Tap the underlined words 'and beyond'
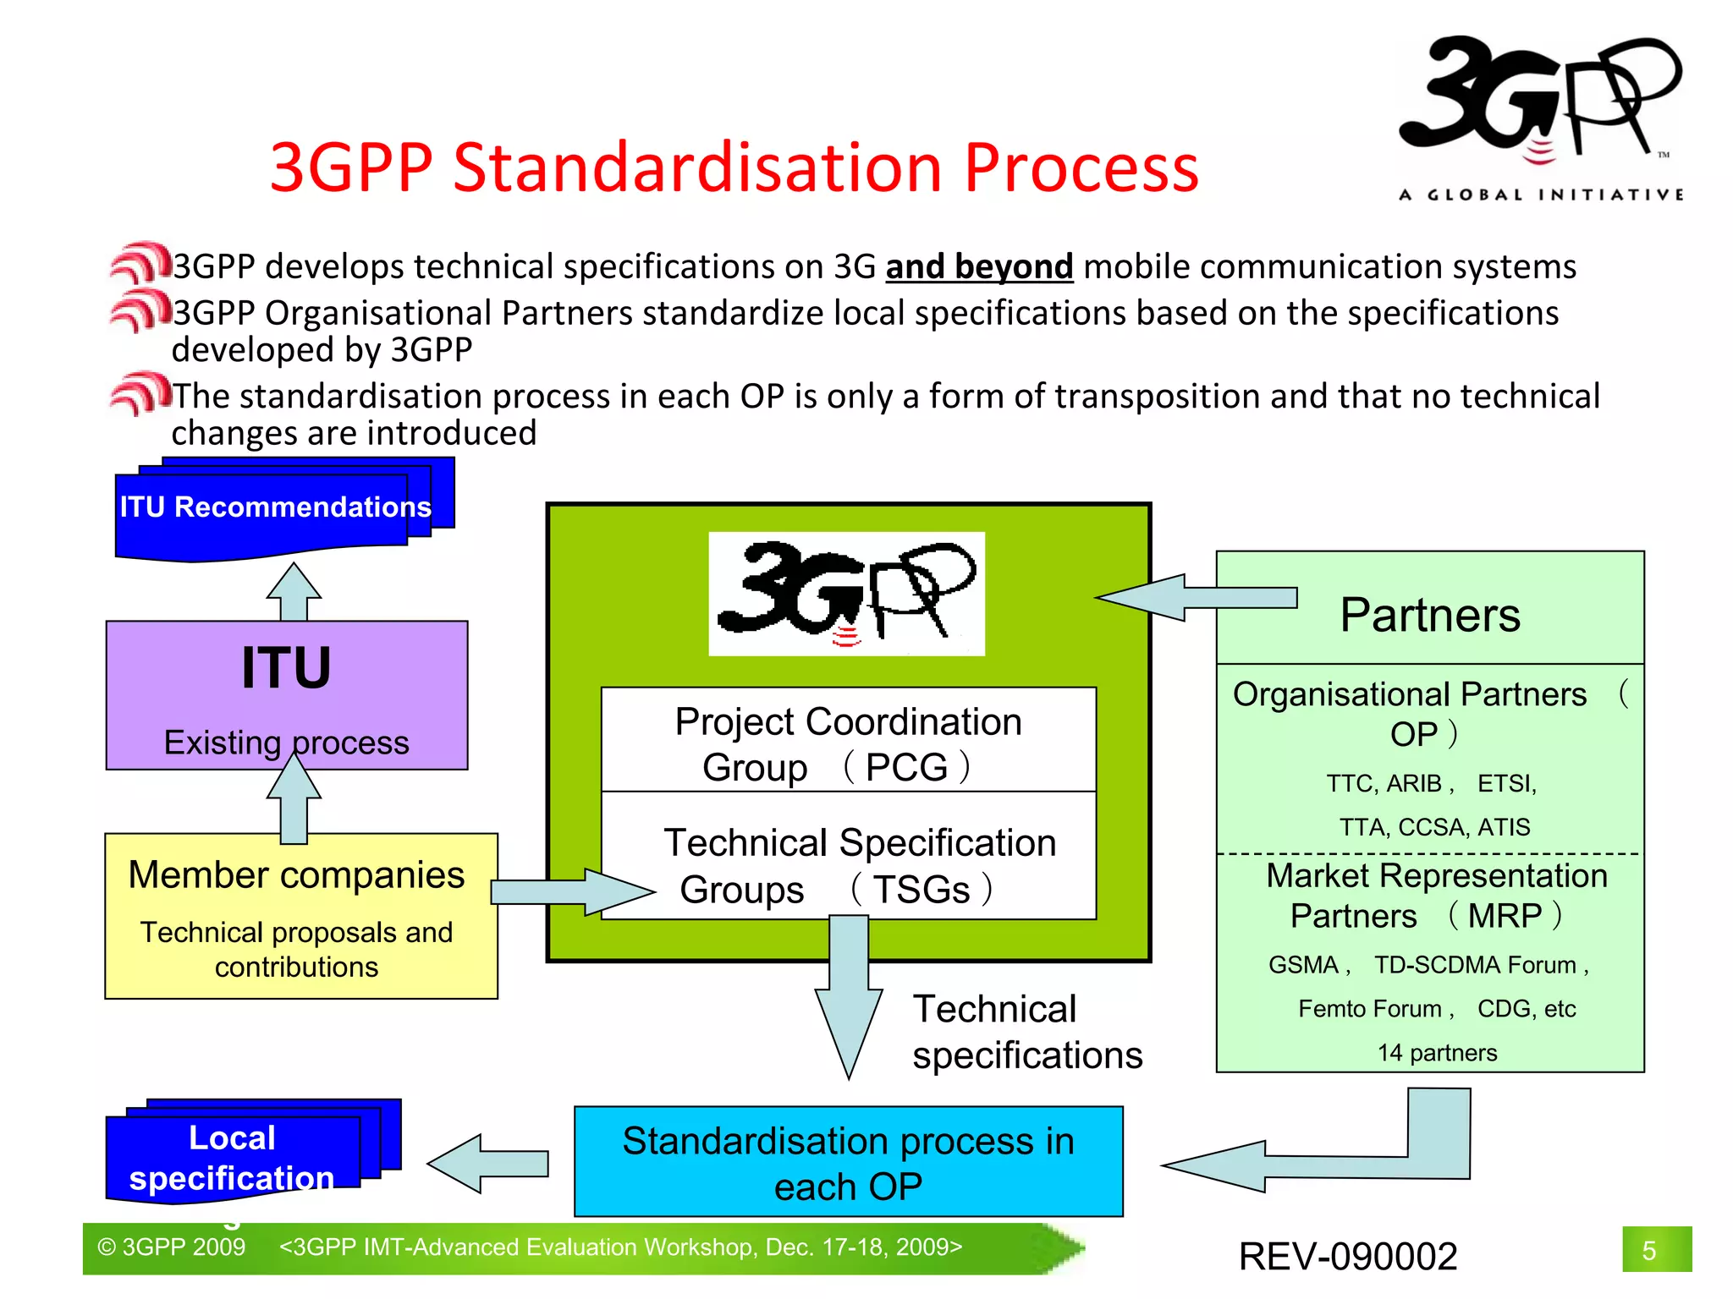(979, 267)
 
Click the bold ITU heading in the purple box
(286, 668)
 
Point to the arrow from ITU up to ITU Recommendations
(294, 592)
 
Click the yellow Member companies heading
(296, 875)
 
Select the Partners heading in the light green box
(1430, 615)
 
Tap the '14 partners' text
(1437, 1053)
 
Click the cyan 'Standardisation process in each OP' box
(849, 1162)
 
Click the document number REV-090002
(1348, 1256)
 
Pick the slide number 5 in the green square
(1649, 1250)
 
